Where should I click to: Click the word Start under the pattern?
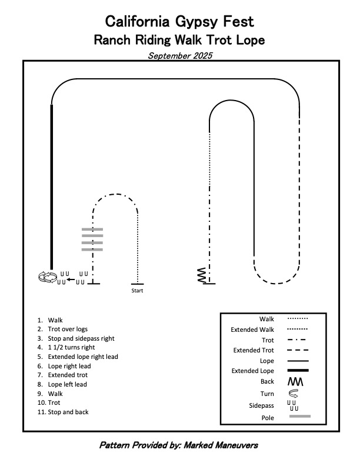[x=137, y=291]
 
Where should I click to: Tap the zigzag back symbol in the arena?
[x=202, y=275]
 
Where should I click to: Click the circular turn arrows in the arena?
[x=46, y=277]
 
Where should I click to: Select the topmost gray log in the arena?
[x=92, y=229]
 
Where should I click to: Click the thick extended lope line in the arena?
[x=52, y=188]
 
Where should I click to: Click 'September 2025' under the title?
[x=179, y=56]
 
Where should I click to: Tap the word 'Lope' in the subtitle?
[x=250, y=41]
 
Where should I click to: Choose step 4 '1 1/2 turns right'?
[x=76, y=348]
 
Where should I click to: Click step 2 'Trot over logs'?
[x=68, y=329]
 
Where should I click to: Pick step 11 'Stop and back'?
[x=68, y=412]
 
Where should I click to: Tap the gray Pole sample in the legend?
[x=299, y=416]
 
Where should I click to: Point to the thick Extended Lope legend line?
[x=299, y=371]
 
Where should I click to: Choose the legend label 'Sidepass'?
[x=262, y=405]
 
